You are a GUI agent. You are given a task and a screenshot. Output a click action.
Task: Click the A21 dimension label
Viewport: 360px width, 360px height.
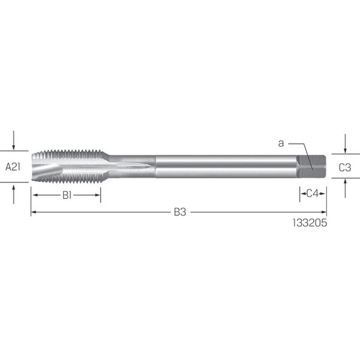[x=13, y=167]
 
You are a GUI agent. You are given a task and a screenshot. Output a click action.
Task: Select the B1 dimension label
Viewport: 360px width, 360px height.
[x=67, y=195]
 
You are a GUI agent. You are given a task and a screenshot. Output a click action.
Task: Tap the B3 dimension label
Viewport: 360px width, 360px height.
[x=180, y=212]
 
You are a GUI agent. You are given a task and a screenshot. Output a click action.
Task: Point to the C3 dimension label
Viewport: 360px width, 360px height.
[x=345, y=167]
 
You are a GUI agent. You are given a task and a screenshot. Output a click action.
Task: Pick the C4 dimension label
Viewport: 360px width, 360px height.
[x=313, y=194]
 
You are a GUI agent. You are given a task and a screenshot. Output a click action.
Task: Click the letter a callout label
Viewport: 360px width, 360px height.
[x=281, y=143]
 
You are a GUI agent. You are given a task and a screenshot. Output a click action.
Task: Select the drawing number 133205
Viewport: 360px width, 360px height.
[x=310, y=223]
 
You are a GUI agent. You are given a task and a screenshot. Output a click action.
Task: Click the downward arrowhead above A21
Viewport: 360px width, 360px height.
[x=14, y=147]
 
